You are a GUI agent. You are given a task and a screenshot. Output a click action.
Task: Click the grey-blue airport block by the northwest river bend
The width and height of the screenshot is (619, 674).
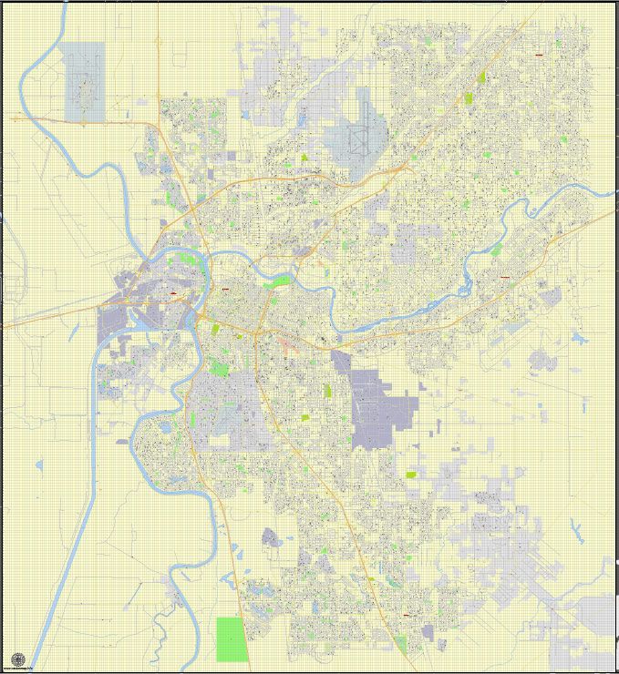click(x=84, y=83)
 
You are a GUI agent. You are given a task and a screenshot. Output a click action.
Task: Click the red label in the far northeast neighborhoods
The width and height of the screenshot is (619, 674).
click(x=540, y=55)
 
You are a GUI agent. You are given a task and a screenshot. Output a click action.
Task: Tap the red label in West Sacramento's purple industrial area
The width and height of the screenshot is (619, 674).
click(x=172, y=293)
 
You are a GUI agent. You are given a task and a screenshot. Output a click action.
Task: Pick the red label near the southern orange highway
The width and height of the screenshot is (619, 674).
click(x=407, y=615)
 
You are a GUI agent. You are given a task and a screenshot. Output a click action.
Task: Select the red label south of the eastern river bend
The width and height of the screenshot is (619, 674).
click(x=503, y=275)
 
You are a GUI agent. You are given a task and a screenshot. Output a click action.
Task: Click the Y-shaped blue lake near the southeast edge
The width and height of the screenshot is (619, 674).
click(x=574, y=528)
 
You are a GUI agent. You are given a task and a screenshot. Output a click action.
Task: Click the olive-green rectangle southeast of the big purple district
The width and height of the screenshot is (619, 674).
click(x=411, y=474)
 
